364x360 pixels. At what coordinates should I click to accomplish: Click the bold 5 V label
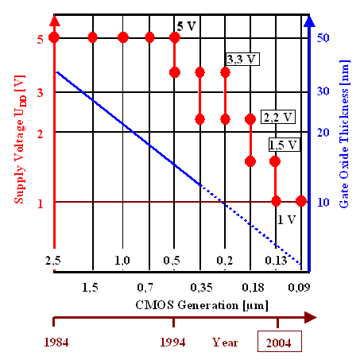click(x=187, y=26)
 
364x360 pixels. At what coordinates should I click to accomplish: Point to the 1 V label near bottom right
click(x=286, y=218)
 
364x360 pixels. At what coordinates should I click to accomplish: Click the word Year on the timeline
click(x=226, y=343)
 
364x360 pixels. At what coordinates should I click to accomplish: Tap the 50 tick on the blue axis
click(x=324, y=38)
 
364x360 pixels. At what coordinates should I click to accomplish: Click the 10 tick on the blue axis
click(x=324, y=202)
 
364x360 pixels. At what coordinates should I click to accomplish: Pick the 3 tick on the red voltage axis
click(x=38, y=93)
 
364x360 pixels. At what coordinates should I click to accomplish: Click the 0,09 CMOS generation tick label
click(x=300, y=285)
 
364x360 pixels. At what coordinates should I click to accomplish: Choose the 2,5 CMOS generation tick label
click(x=53, y=261)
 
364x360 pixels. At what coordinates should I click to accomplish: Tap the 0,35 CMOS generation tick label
click(x=200, y=285)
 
